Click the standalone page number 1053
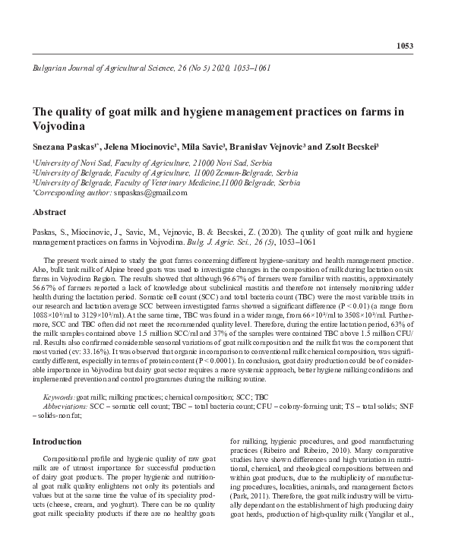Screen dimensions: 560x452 point(405,46)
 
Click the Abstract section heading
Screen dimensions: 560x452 point(49,212)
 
